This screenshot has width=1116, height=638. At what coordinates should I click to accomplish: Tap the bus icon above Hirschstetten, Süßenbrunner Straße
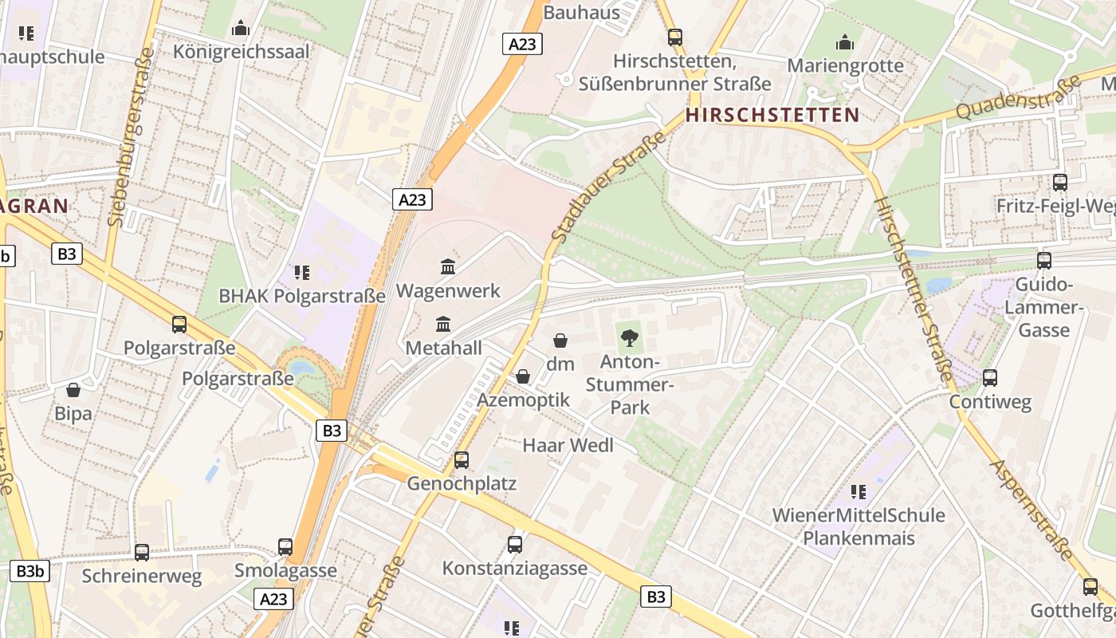point(675,37)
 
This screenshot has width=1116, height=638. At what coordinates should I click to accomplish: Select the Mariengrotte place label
point(845,65)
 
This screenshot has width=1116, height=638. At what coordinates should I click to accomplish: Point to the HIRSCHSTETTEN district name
point(772,115)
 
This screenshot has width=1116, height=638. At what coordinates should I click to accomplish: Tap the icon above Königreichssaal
point(240,29)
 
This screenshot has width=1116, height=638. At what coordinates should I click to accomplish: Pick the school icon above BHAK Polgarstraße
point(301,273)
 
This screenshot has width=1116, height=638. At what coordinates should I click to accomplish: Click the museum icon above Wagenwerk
point(448,267)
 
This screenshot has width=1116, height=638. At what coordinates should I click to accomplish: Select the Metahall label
point(443,348)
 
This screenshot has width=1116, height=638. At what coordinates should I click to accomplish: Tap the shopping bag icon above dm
point(560,341)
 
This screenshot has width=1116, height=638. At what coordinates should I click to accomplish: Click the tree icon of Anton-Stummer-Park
point(630,337)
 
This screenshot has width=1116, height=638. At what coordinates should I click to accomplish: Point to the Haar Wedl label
point(568,445)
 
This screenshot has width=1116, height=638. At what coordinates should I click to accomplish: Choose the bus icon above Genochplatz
point(462,460)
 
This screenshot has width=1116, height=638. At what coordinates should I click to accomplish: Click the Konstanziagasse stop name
point(515,569)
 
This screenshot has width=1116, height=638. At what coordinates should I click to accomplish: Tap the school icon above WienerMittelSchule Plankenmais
point(859,491)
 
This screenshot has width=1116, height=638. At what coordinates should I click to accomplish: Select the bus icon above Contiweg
point(990,378)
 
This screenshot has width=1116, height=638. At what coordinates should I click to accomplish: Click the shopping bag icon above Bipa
point(73,390)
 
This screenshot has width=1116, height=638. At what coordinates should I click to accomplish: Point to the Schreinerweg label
point(142,575)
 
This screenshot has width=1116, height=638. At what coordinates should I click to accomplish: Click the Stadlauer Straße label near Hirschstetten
point(607,188)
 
